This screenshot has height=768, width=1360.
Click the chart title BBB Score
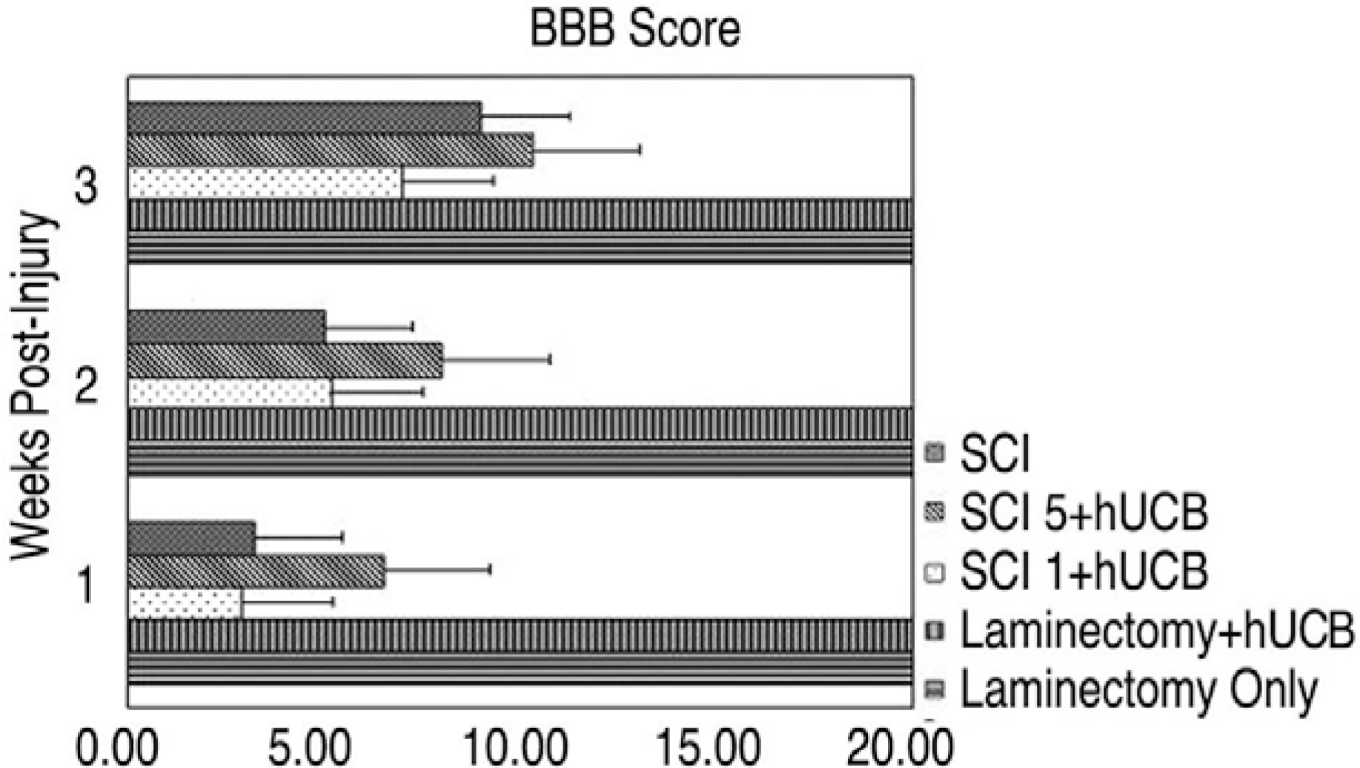coord(634,30)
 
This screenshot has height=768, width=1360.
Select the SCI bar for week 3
coord(304,117)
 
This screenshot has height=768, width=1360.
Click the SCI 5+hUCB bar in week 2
coord(285,361)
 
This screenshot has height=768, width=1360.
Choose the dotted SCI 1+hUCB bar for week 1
coord(185,604)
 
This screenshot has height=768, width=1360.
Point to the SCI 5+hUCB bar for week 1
coord(256,572)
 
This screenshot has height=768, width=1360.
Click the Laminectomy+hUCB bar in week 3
coord(519,215)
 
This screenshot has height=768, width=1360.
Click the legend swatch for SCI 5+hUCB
coord(936,512)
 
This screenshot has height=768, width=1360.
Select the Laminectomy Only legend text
coord(1138,690)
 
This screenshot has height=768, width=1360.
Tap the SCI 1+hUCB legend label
coord(1084,572)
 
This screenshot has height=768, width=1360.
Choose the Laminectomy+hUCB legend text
coord(1156,631)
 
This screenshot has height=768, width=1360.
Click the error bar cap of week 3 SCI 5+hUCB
coord(640,150)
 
